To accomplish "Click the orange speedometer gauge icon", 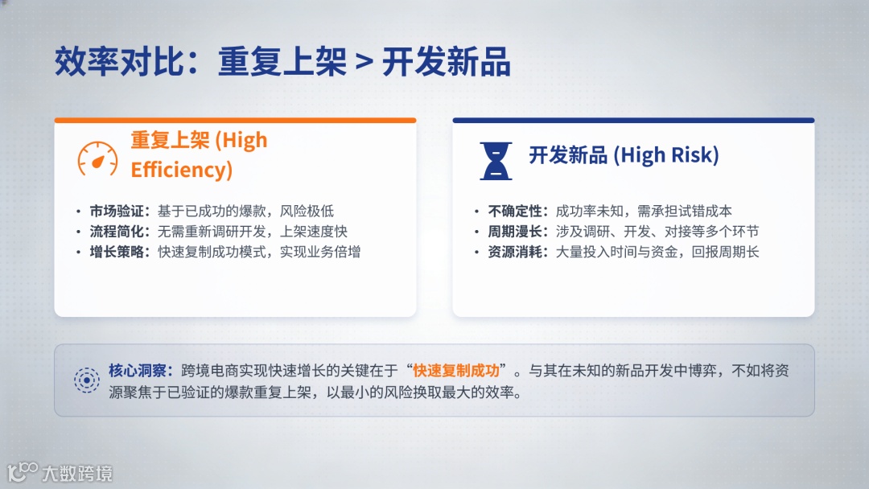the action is tap(97, 159).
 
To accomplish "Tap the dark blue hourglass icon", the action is tap(496, 161).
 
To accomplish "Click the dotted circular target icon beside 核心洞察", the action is tap(87, 380).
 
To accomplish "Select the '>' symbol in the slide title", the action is tap(364, 62).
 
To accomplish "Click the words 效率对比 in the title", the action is tap(118, 61).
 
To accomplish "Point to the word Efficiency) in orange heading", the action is tap(182, 170).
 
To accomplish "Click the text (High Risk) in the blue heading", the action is tap(666, 155).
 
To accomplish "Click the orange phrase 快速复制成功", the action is tap(456, 371).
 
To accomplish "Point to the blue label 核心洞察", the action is tap(137, 371).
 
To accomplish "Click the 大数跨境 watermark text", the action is tap(77, 474).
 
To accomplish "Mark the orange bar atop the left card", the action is tap(235, 120).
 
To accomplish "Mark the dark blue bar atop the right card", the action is tap(633, 120).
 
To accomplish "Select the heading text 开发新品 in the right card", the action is tap(568, 155).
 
